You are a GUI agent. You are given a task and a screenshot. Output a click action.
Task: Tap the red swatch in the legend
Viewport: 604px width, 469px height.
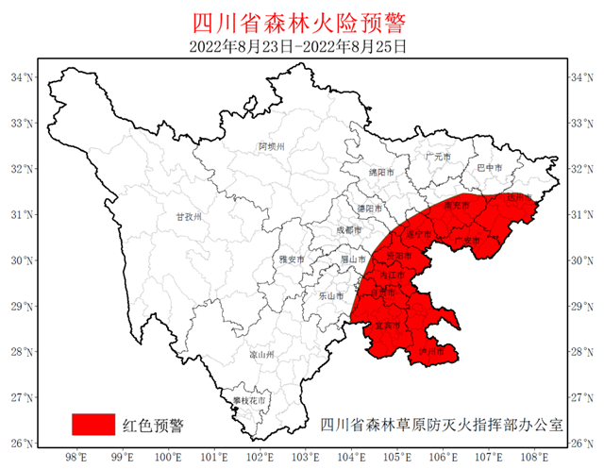pos(93,424)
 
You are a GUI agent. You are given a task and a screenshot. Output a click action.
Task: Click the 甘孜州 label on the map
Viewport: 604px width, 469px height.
pos(190,216)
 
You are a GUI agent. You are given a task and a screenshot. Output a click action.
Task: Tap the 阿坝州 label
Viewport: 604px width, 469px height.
pos(271,146)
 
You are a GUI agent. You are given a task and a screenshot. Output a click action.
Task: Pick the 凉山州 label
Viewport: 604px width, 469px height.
pos(260,355)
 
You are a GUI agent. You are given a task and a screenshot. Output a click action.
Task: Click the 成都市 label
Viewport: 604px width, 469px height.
pos(348,230)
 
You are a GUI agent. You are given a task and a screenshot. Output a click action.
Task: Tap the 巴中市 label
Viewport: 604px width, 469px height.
pos(490,168)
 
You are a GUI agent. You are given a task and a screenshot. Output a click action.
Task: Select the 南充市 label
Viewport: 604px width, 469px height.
pos(456,205)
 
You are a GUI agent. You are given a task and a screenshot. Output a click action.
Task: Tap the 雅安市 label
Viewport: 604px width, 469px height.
pos(291,260)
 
